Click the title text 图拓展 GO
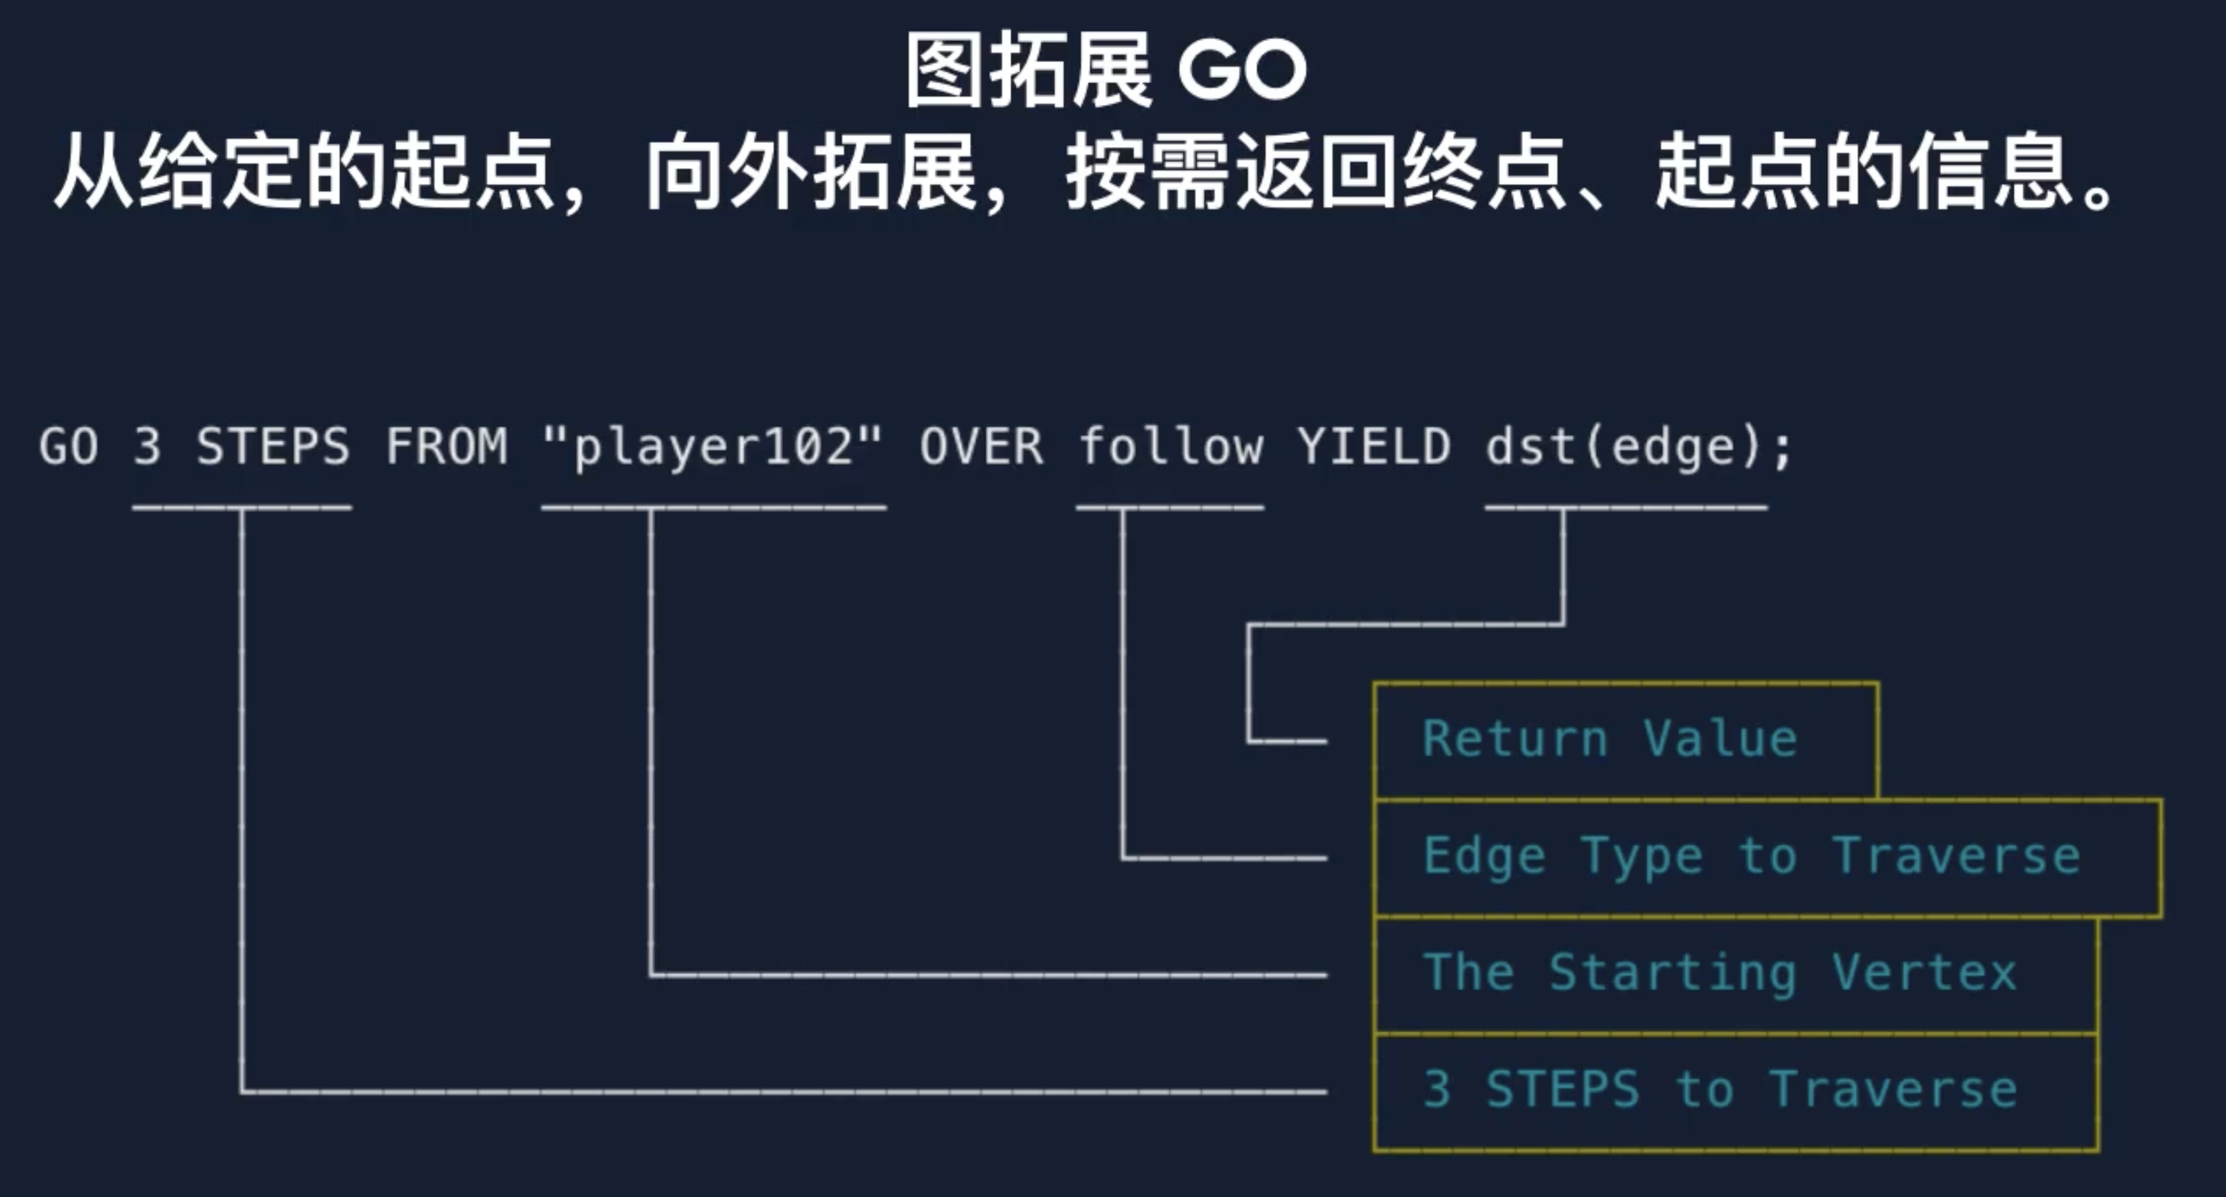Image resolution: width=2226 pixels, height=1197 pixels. (1106, 71)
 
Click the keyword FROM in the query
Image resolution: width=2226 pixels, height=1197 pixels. (446, 447)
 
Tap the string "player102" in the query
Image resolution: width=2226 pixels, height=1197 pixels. (714, 447)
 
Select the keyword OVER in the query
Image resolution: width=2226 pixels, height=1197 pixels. (981, 447)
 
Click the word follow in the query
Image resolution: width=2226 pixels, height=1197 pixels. (1170, 447)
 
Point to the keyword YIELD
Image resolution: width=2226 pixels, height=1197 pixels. (1374, 447)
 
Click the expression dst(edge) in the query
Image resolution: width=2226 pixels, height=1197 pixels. (1624, 447)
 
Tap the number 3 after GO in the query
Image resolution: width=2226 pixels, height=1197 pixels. (148, 447)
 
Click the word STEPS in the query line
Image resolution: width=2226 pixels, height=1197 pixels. (272, 447)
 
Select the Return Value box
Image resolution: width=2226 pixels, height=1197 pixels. (1624, 740)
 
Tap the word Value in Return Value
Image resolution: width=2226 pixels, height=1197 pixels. (1720, 740)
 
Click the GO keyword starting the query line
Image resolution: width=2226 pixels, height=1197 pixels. (69, 447)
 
